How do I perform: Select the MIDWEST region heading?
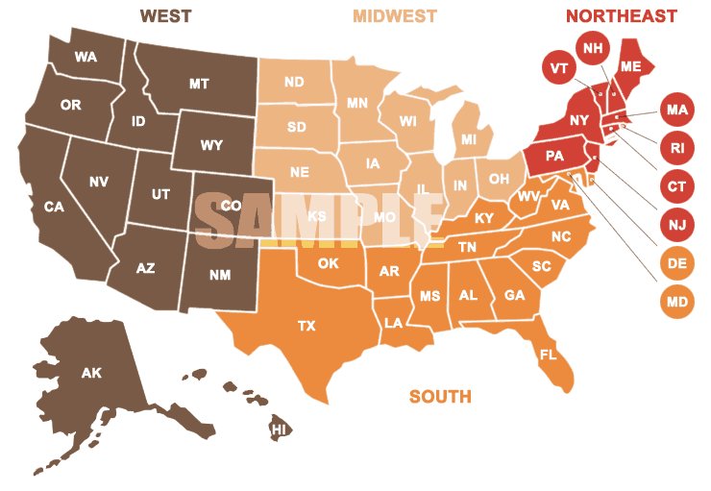(394, 16)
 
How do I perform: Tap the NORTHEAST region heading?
(621, 16)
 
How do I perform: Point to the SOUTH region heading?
(440, 396)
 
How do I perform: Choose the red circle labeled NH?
(592, 47)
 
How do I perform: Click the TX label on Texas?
(306, 326)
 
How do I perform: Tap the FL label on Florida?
(549, 355)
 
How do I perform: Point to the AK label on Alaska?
(91, 373)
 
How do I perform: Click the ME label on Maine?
(631, 66)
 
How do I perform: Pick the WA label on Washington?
(86, 57)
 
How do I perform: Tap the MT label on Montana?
(199, 84)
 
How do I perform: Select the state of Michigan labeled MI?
(469, 140)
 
